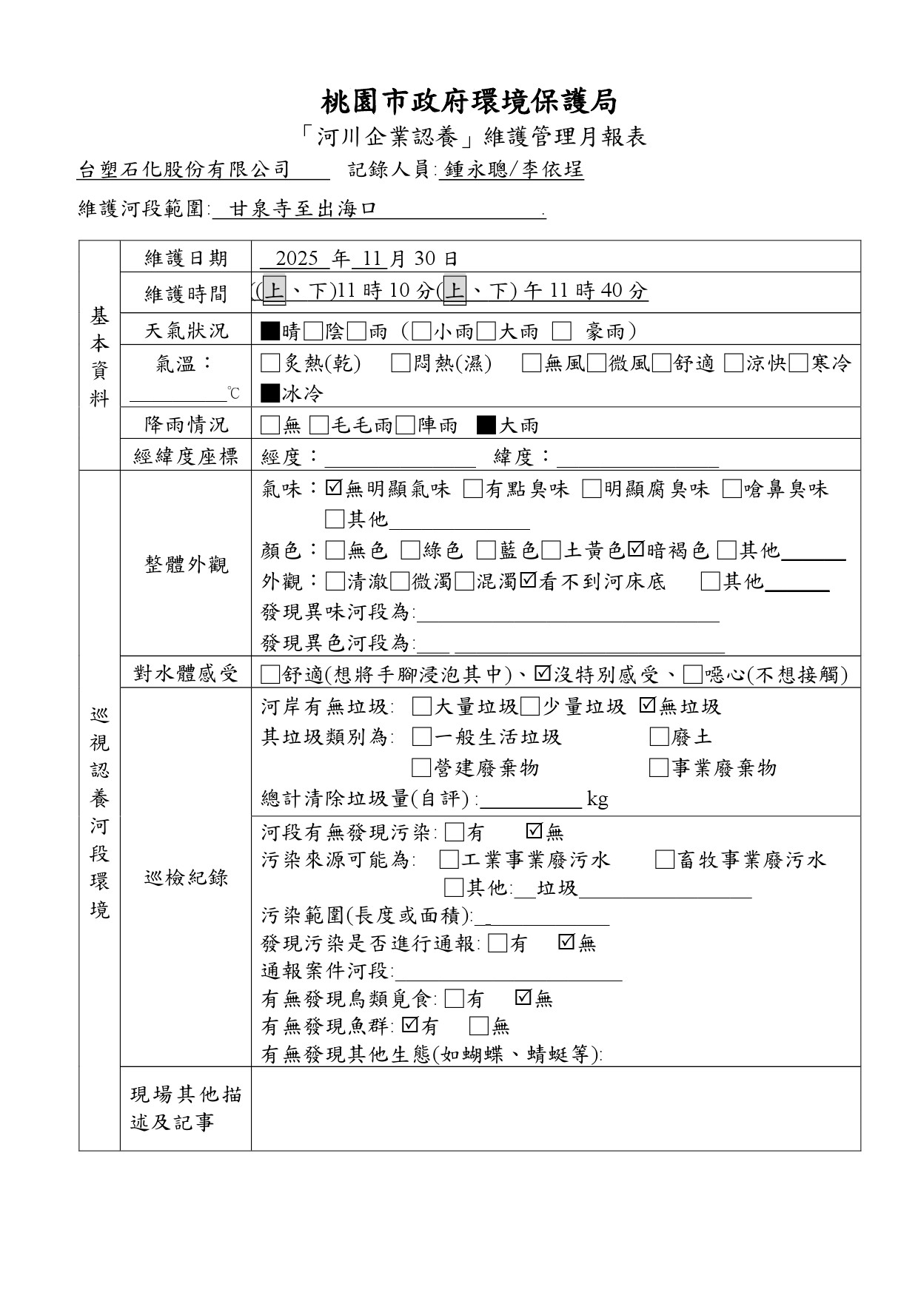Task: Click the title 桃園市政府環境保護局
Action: tap(469, 102)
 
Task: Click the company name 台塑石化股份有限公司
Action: tap(184, 169)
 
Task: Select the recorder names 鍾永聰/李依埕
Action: tap(512, 169)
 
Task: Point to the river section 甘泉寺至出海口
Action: tap(304, 209)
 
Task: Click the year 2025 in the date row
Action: tap(296, 258)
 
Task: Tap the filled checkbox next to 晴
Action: tap(271, 331)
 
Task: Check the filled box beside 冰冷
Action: tap(271, 393)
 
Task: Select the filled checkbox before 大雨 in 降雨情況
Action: tap(486, 426)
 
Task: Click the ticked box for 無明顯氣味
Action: tap(334, 488)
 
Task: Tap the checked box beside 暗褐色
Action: tap(636, 550)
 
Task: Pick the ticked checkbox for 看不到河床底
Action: tap(529, 581)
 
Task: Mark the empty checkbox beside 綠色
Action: tap(410, 550)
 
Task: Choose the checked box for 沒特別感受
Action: tap(542, 673)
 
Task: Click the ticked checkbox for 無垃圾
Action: tap(648, 706)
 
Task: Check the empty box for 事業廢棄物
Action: tap(658, 767)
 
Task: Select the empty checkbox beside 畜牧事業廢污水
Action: tap(665, 859)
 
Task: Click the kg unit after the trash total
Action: tap(597, 799)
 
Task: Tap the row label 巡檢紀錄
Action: tap(186, 878)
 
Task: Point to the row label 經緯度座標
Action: tap(186, 457)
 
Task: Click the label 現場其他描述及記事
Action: tap(186, 1108)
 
